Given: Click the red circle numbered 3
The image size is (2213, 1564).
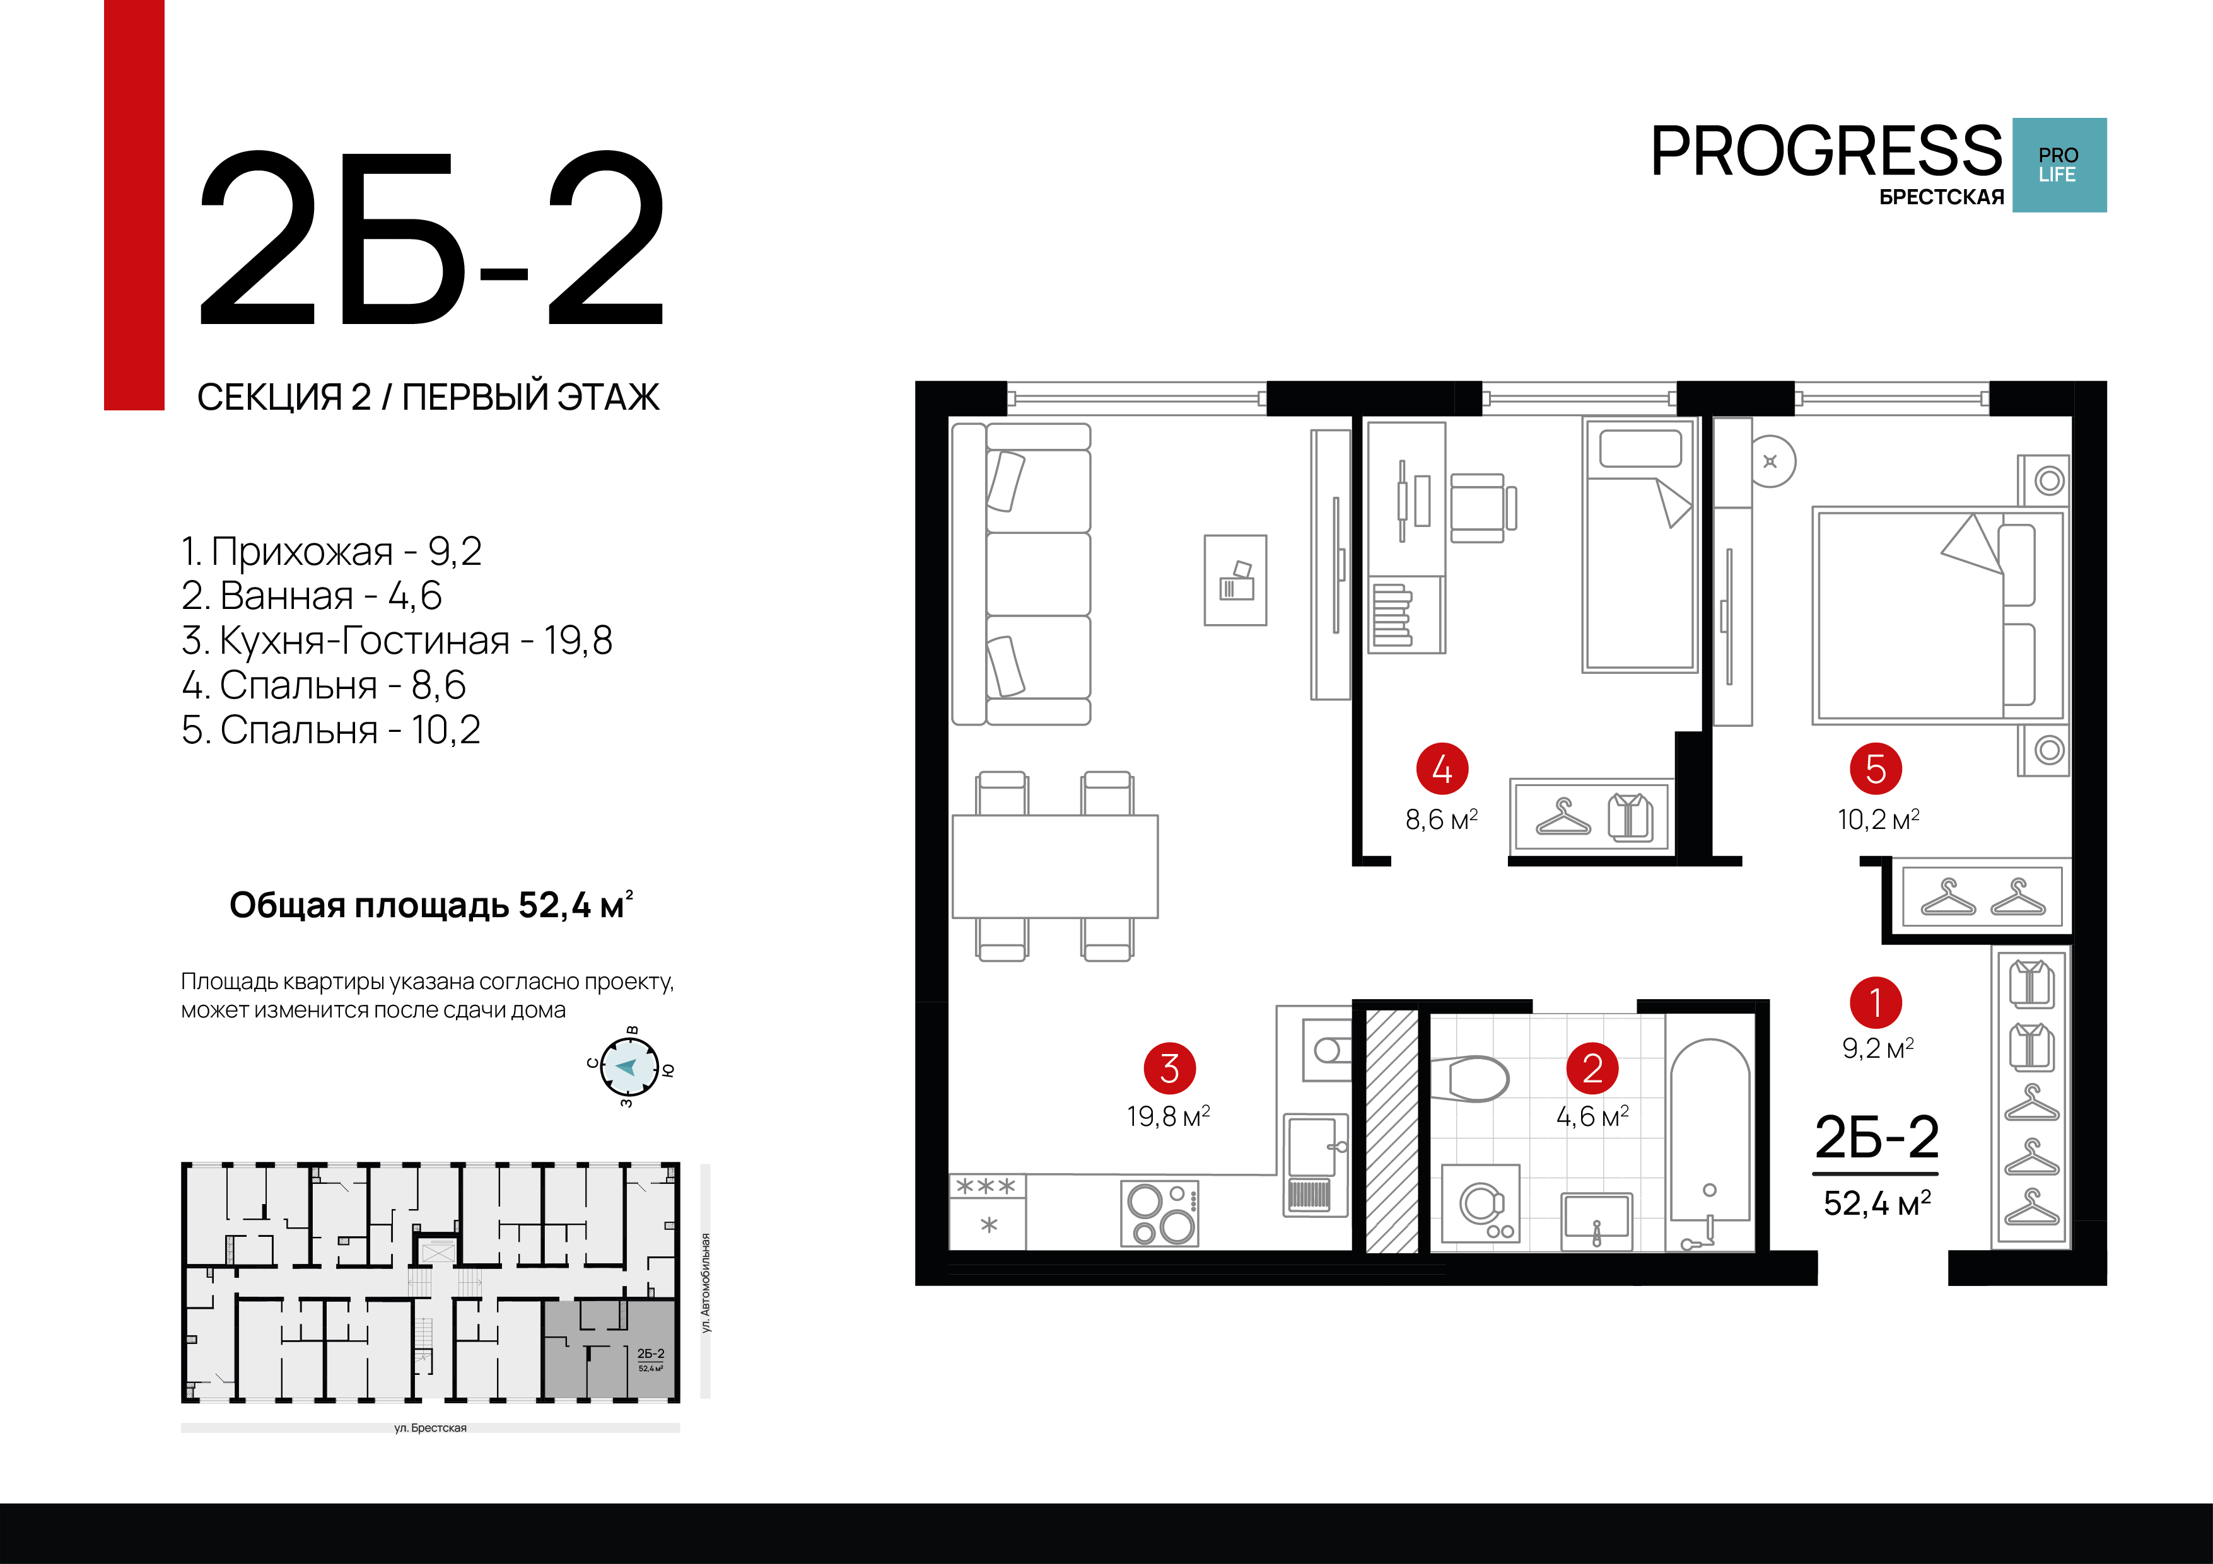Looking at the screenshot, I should [x=1169, y=1068].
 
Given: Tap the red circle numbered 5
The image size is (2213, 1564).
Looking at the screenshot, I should [x=1876, y=769].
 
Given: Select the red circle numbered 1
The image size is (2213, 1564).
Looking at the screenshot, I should [x=1876, y=1002].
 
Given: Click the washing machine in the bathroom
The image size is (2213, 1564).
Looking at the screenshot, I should [x=1480, y=1205].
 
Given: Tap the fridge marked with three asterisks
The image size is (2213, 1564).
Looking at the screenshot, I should [x=987, y=1212].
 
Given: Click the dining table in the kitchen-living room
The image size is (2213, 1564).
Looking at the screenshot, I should [x=1054, y=866].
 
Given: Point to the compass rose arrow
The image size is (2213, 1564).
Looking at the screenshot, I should [x=628, y=1067].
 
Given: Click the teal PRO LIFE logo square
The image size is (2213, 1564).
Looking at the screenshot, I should [x=2058, y=165].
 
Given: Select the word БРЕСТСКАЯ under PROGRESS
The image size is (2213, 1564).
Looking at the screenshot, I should [x=1941, y=197].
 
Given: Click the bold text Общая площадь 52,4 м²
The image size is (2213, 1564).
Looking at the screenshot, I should [x=431, y=905].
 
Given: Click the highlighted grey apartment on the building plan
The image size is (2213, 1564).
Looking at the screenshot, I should [x=609, y=1349].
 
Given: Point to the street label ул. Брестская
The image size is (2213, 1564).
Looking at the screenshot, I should [x=430, y=1428].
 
